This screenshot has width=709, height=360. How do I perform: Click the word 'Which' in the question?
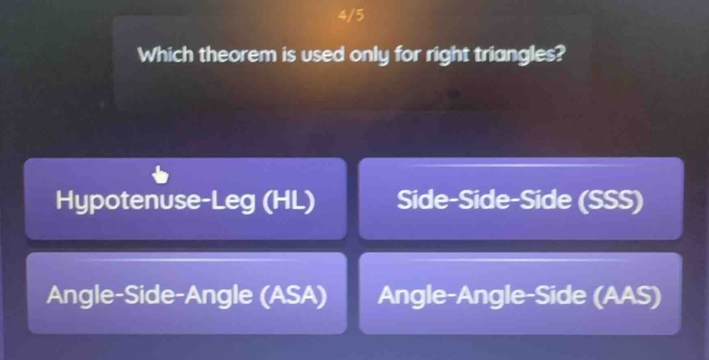[x=166, y=55]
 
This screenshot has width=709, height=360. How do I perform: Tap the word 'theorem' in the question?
[x=238, y=55]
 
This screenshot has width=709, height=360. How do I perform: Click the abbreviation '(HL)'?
[x=289, y=201]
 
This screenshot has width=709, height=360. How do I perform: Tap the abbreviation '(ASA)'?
[x=294, y=295]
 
